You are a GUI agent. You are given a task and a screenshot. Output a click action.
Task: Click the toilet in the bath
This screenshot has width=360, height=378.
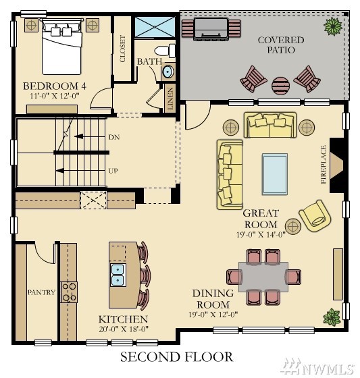(165, 51)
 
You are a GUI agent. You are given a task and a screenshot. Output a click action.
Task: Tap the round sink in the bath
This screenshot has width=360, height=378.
(168, 72)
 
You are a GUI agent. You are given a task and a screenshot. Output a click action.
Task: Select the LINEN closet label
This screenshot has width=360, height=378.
(170, 99)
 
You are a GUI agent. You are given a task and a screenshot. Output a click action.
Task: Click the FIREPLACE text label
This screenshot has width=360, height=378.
(324, 165)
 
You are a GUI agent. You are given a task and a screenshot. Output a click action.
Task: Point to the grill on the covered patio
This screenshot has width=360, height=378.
(211, 28)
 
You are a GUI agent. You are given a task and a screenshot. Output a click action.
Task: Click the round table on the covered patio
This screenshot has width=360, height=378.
(280, 86)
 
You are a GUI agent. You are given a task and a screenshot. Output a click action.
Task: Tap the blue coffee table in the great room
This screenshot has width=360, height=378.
(275, 174)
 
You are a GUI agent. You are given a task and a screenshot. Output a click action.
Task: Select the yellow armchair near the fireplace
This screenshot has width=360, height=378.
(315, 216)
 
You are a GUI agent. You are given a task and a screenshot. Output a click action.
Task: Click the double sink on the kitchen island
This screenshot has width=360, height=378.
(118, 275)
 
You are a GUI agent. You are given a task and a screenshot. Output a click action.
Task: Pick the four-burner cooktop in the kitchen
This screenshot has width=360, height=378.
(69, 292)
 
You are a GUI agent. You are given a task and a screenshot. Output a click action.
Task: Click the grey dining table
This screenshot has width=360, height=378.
(263, 277)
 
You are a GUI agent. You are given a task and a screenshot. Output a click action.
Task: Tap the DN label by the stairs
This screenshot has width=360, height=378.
(114, 137)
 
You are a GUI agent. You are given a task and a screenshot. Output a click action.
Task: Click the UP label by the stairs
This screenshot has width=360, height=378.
(113, 171)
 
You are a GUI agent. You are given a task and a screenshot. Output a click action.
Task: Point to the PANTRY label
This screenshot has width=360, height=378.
(41, 292)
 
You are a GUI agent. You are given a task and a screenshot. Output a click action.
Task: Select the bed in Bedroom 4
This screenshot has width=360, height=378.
(61, 47)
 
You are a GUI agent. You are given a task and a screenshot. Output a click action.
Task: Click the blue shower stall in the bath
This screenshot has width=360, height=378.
(155, 27)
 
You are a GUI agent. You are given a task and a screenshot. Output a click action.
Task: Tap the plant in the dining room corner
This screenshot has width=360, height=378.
(332, 317)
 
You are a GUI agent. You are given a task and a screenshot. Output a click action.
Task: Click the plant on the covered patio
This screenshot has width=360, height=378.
(333, 26)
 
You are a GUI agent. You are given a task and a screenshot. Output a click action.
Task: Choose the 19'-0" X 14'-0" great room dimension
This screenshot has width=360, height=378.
(261, 234)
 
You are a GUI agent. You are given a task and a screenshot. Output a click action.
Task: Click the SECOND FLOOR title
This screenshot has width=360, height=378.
(176, 357)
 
